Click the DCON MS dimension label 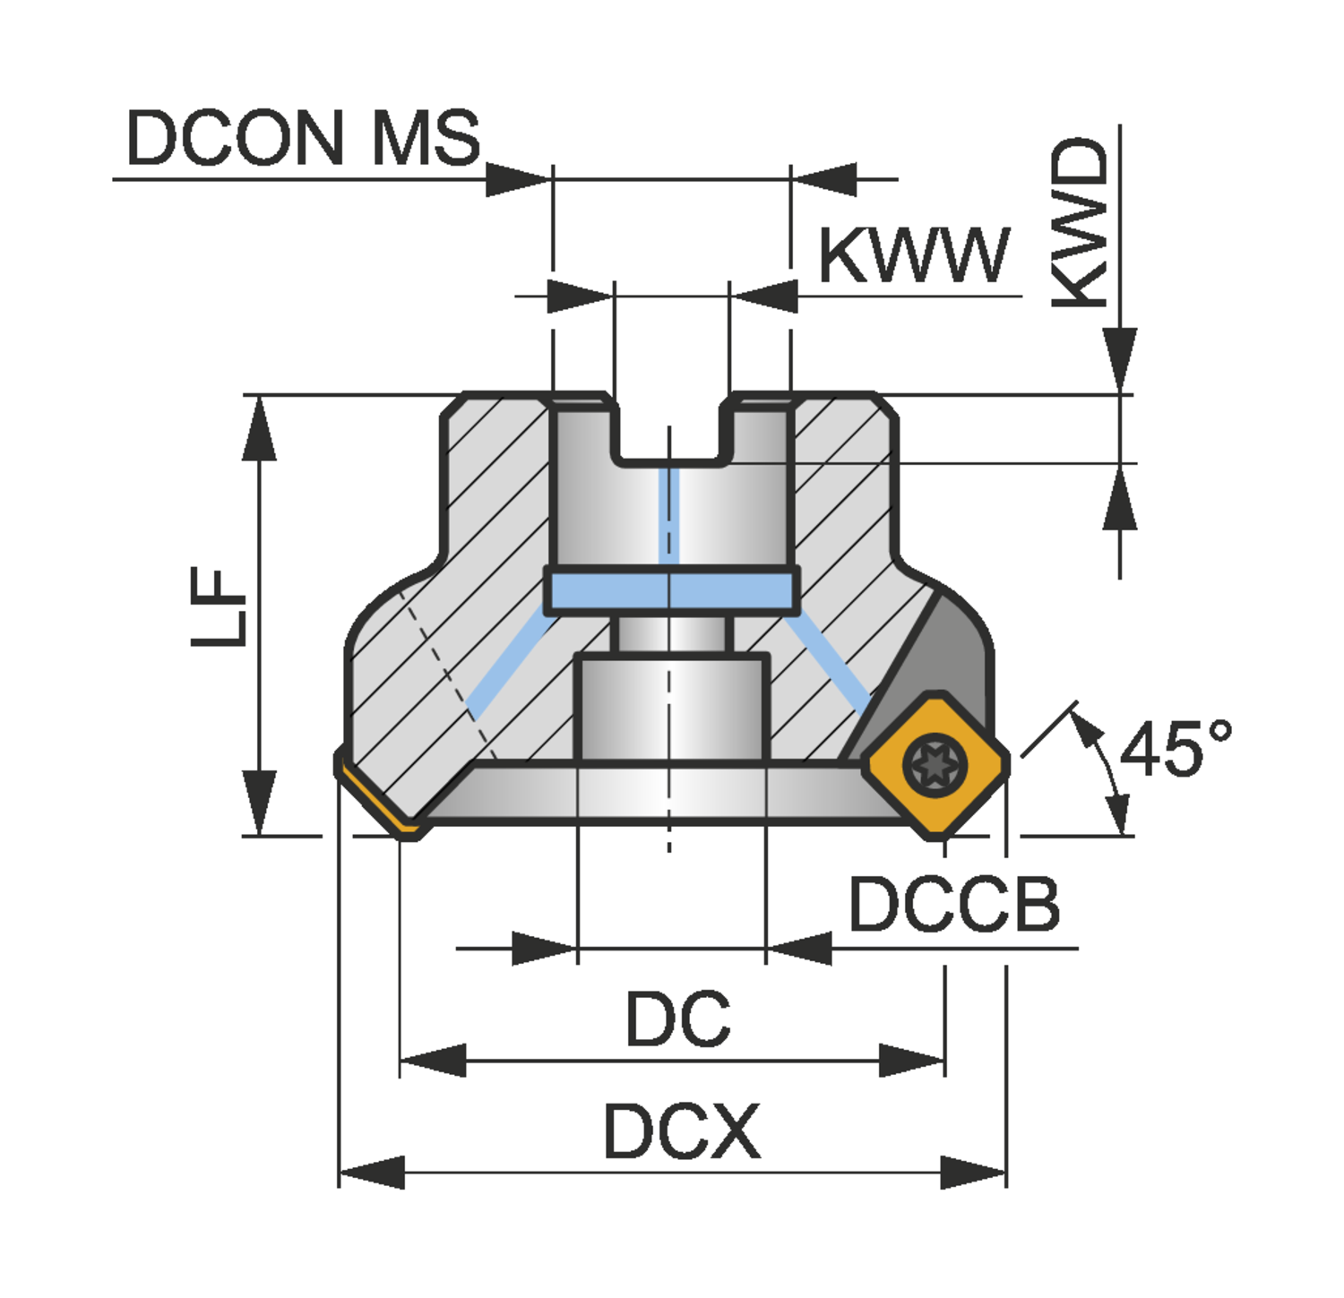[x=303, y=138]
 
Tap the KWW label [x=914, y=256]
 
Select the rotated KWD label [x=1081, y=222]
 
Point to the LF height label [x=219, y=606]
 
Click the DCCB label [x=954, y=905]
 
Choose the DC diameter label [x=677, y=1019]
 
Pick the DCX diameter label [x=681, y=1131]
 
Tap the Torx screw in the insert [x=935, y=764]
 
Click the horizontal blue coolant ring [x=671, y=591]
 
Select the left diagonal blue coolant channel [x=507, y=664]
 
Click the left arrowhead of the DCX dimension [x=371, y=1172]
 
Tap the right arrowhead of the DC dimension [x=912, y=1062]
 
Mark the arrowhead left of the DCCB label [x=800, y=948]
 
